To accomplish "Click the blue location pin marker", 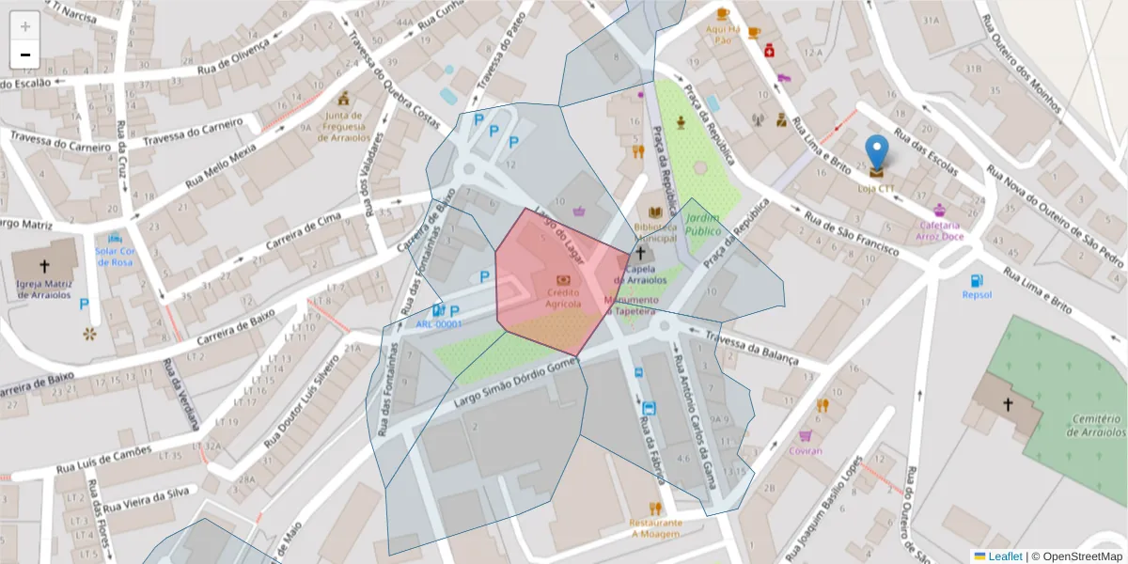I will pos(876,153).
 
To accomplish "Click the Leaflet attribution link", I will pos(1004,556).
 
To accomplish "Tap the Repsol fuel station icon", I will pos(977,280).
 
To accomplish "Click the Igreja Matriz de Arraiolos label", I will pos(43,289).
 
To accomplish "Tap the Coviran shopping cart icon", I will pos(805,435).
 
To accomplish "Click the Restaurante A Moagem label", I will pos(655,527).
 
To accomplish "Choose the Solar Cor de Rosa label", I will pos(116,256).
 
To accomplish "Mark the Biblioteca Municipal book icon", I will pos(655,213).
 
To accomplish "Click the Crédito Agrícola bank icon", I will pos(563,279).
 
